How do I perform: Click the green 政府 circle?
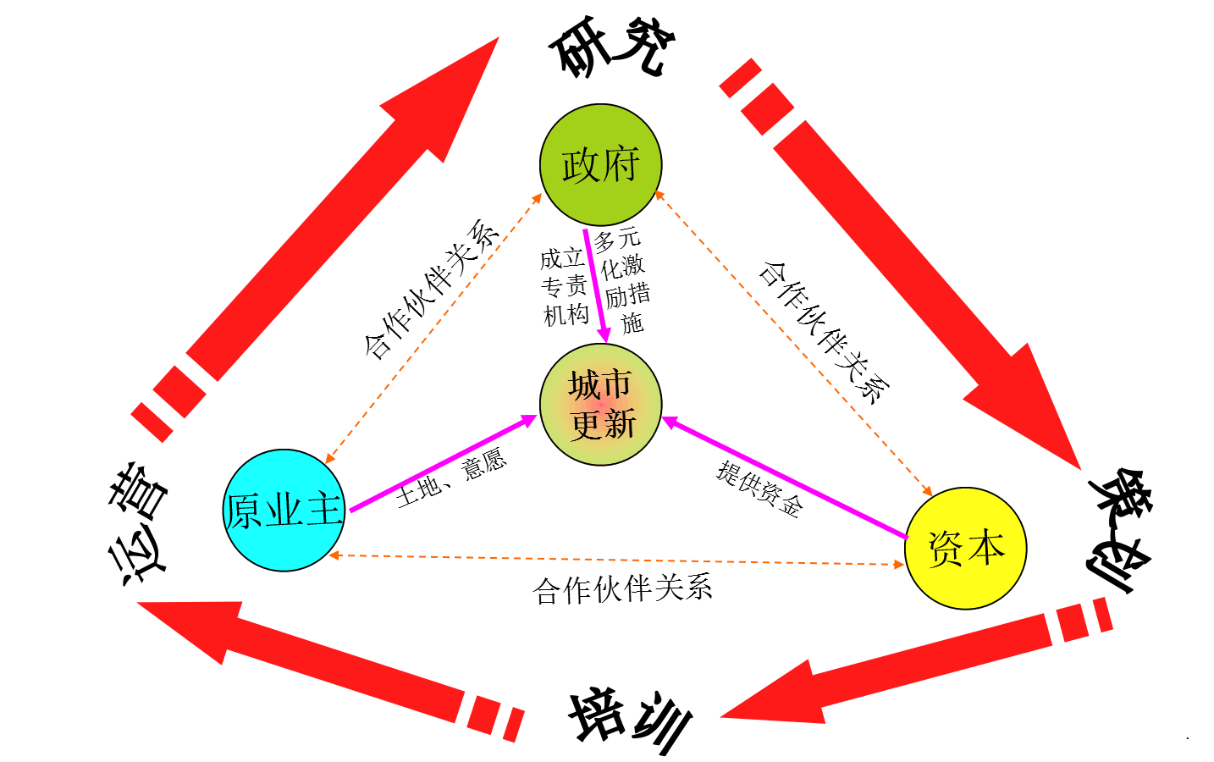pos(600,164)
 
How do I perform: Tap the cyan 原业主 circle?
pos(284,510)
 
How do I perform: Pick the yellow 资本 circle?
pos(966,548)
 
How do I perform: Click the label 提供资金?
pos(759,489)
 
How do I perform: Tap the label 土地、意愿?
pos(450,479)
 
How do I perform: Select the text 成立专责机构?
pos(565,286)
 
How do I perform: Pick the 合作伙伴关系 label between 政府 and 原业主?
pos(430,289)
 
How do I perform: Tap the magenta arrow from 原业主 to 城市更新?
pos(440,465)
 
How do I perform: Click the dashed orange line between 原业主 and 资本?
pos(616,560)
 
